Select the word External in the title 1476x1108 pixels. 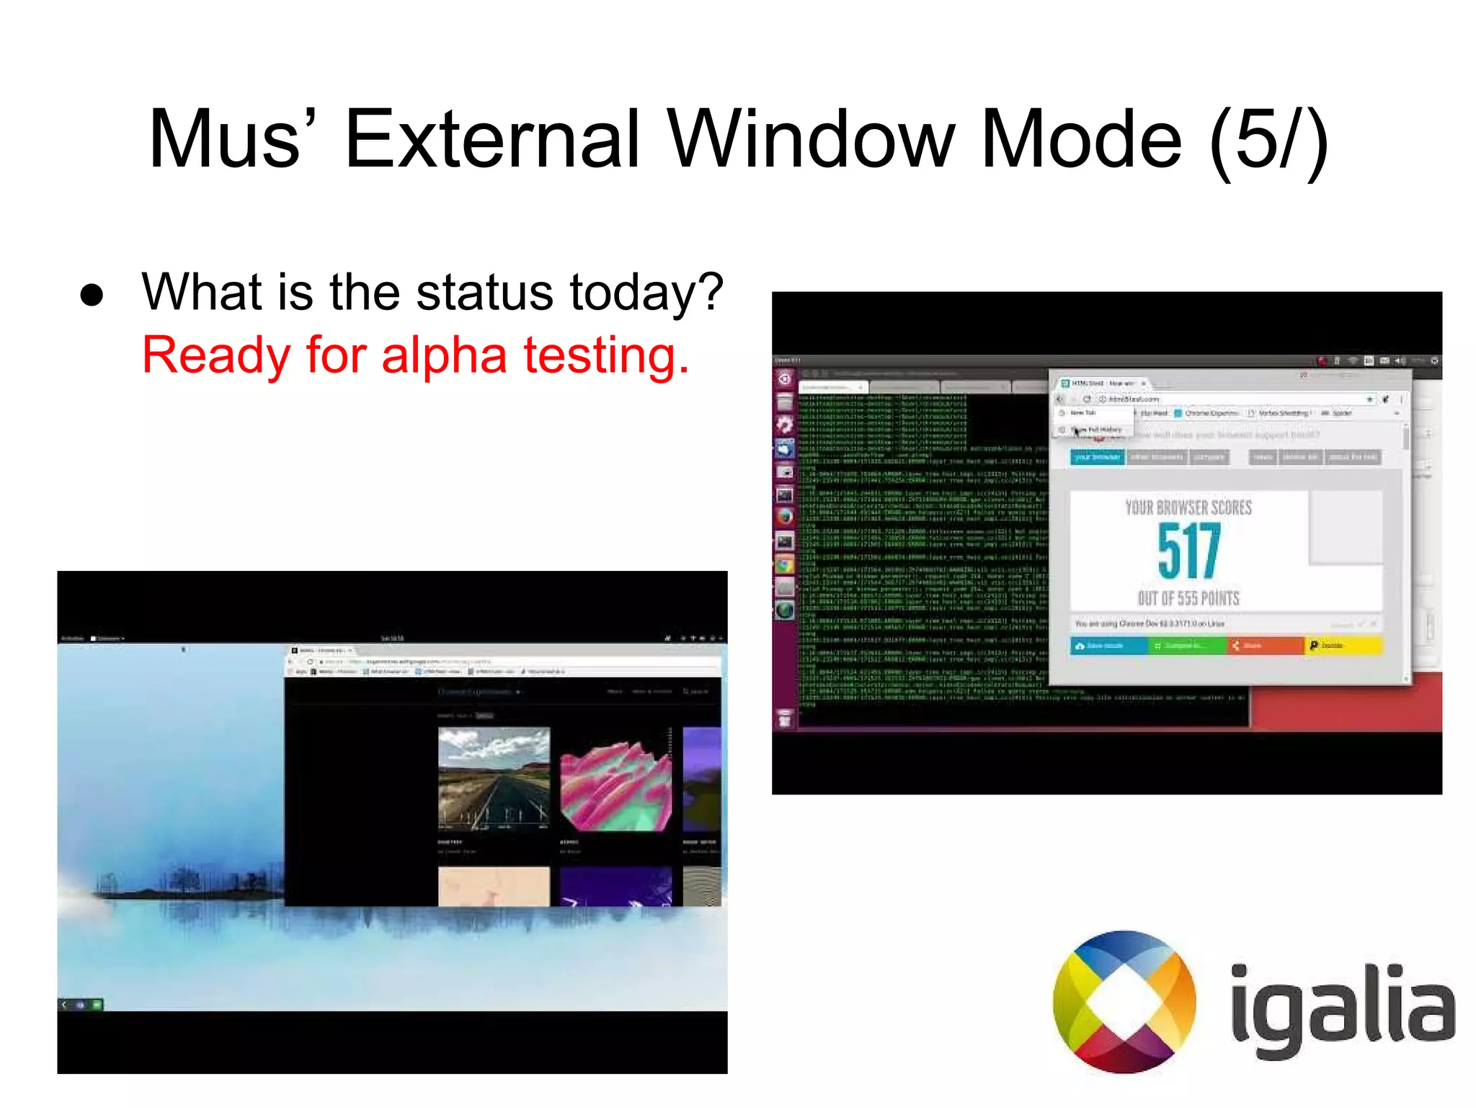492,138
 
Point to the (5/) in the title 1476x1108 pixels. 1268,141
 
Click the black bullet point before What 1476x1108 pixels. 92,295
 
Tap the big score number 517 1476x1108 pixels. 1188,551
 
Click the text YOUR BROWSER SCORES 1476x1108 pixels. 1188,508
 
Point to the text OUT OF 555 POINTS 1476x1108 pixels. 1188,598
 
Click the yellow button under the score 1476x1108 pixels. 1343,645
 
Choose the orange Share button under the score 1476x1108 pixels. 1266,645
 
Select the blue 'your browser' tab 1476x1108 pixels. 1097,457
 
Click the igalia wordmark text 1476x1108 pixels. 1342,1006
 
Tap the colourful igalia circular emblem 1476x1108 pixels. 1124,1001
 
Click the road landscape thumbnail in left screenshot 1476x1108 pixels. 494,779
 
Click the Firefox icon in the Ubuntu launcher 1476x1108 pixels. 784,517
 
